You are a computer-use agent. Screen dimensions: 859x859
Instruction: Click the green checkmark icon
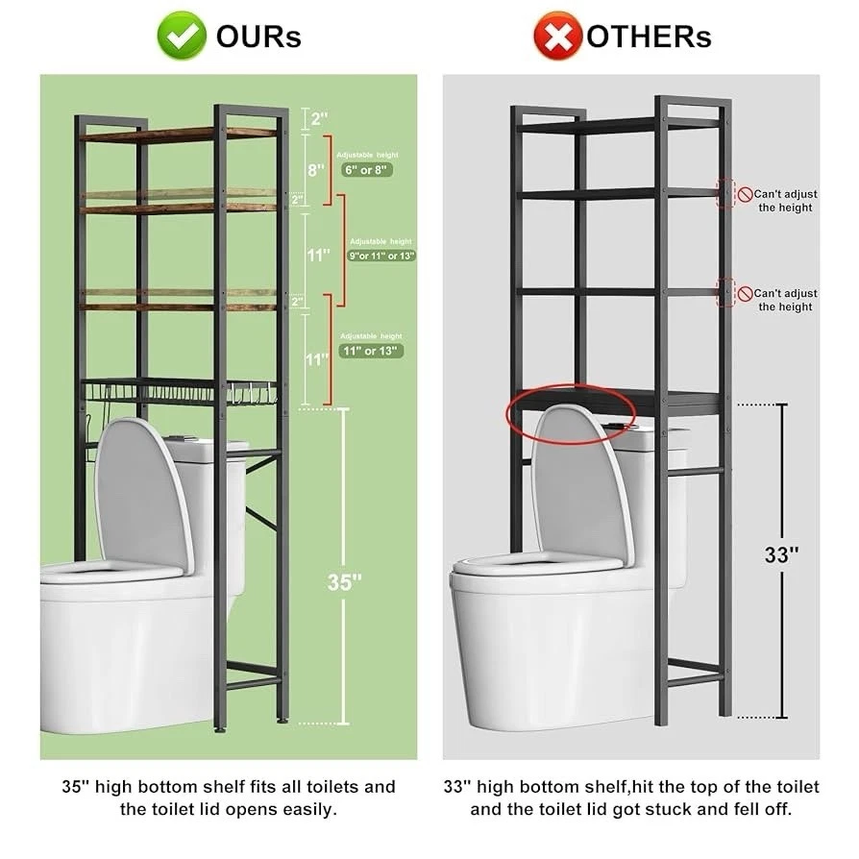point(182,36)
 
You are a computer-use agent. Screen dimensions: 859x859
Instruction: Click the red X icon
point(557,37)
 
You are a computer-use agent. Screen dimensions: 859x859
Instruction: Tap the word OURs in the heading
point(258,37)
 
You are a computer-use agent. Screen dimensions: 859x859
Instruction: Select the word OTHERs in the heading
point(649,37)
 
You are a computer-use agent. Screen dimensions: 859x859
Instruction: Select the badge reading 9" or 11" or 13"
point(381,257)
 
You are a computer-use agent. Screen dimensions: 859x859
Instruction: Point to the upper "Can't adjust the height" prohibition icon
point(745,194)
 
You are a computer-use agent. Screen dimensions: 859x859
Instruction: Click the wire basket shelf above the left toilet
point(178,391)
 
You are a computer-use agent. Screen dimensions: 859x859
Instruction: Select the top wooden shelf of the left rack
point(178,134)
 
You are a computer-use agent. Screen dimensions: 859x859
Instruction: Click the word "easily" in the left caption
point(305,809)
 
